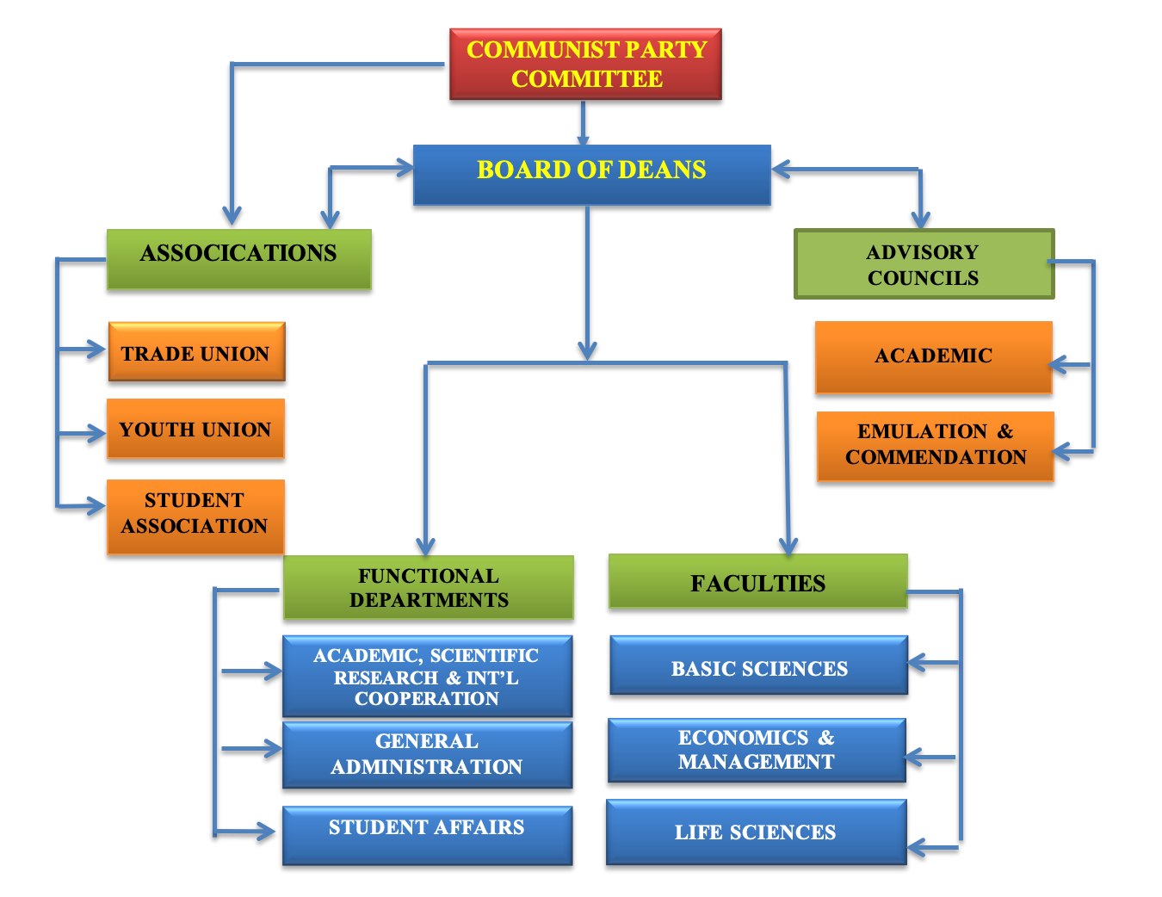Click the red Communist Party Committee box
[x=585, y=65]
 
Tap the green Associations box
[x=238, y=258]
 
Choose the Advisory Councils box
[x=923, y=264]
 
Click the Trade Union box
[x=196, y=352]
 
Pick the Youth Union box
[x=195, y=429]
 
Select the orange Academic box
[x=933, y=357]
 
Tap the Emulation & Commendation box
[x=935, y=446]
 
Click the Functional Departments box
[x=428, y=587]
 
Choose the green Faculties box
[x=757, y=582]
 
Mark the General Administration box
[x=427, y=755]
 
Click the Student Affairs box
[x=427, y=835]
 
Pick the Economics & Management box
[x=757, y=750]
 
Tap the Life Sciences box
[x=756, y=832]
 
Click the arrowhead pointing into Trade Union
[x=96, y=350]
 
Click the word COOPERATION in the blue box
[x=427, y=699]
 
